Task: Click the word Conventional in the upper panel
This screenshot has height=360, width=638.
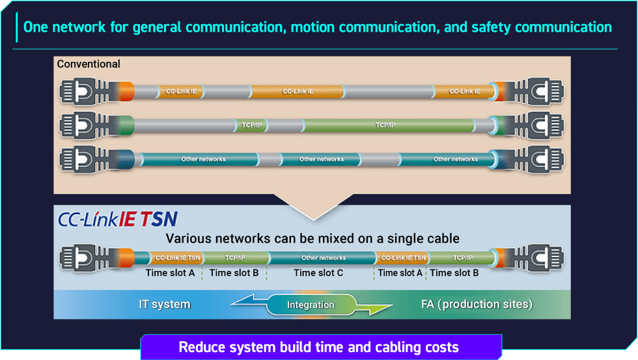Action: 89,64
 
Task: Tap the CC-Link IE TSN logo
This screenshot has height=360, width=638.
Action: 118,219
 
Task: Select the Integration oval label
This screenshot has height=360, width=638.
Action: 311,305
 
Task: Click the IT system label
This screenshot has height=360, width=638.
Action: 165,304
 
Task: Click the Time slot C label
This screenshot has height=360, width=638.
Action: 318,273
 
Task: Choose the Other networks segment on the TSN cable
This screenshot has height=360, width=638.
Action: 323,258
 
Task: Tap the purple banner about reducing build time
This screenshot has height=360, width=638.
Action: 321,347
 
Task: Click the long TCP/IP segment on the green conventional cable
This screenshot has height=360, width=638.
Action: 385,124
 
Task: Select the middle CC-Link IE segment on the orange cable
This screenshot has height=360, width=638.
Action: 298,91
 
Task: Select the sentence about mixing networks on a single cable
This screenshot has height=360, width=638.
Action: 312,238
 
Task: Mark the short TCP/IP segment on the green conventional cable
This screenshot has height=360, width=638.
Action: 250,124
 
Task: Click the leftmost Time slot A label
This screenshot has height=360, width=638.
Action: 170,273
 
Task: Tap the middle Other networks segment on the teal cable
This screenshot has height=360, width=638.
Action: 321,159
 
